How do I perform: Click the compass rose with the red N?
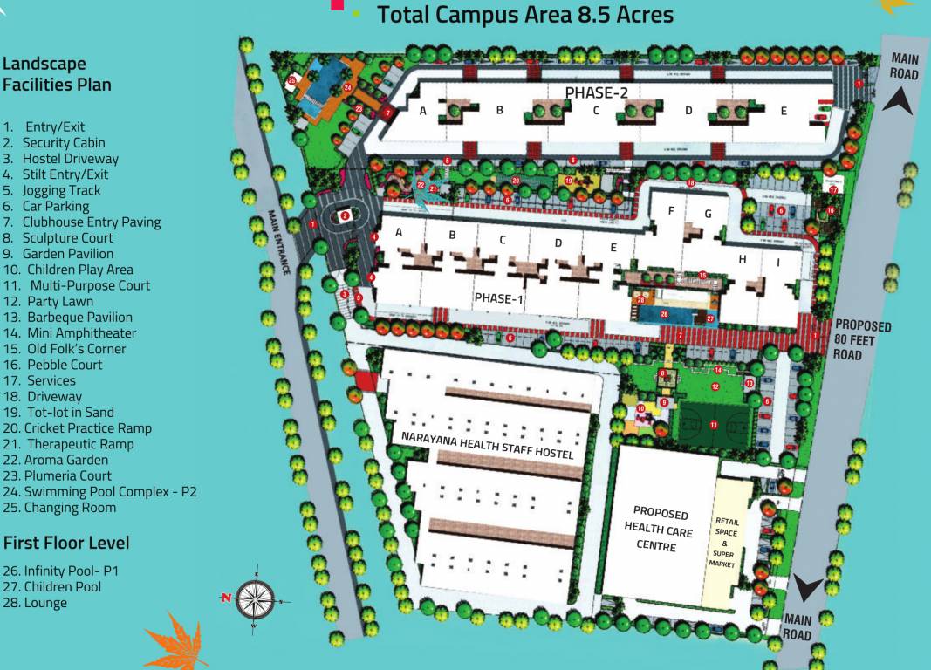tap(254, 598)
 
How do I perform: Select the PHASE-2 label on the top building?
tap(596, 92)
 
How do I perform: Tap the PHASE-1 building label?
tap(498, 297)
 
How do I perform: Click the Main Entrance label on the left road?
tap(278, 243)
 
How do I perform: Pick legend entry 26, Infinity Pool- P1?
tap(60, 571)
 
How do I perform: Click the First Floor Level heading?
tap(66, 543)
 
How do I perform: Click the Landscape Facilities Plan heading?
tap(57, 74)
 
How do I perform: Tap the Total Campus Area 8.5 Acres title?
tap(524, 15)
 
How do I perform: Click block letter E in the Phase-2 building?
tap(784, 111)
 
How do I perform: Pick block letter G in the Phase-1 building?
tap(709, 214)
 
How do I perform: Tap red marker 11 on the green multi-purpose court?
tap(713, 425)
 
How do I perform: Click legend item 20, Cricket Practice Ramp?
tap(77, 427)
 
